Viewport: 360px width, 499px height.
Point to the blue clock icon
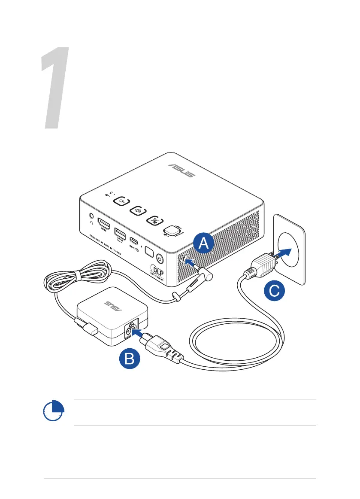54,412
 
